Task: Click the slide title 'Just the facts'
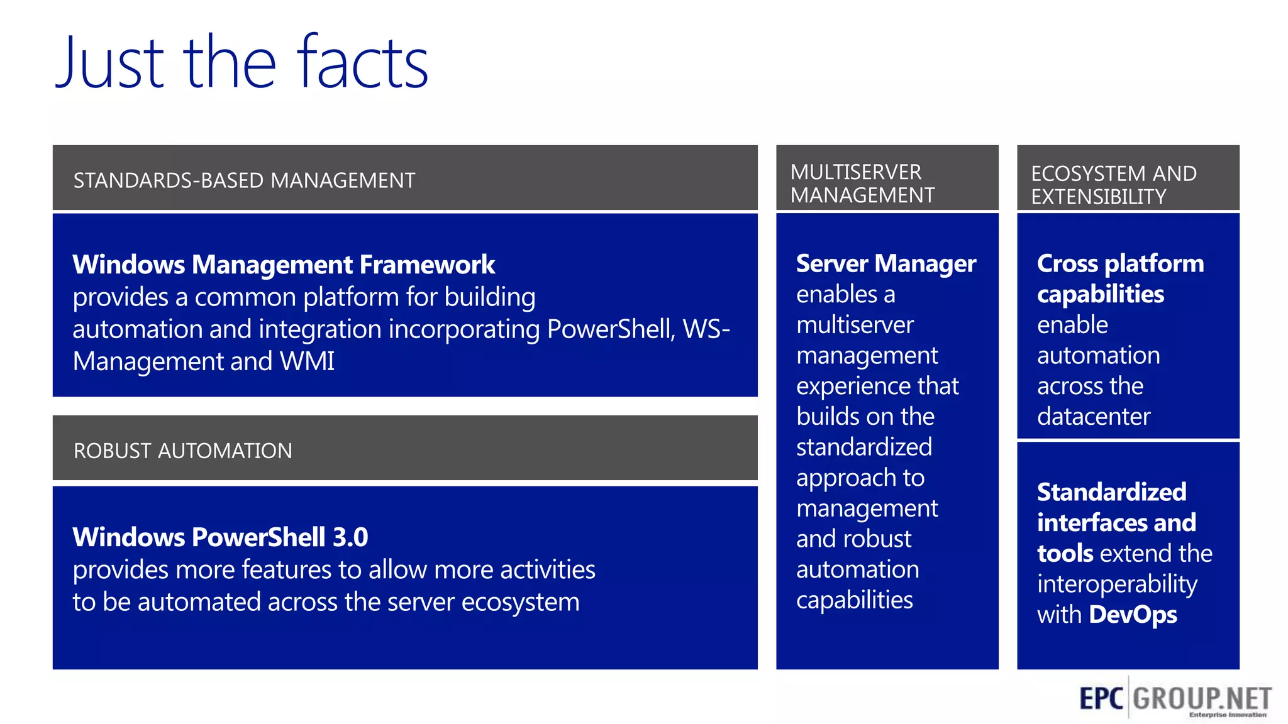pos(241,63)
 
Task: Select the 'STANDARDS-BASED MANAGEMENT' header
pos(244,180)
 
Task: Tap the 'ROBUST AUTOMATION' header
pos(182,451)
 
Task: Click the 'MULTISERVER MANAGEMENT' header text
pos(862,184)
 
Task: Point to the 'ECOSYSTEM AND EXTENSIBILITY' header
pos(1113,185)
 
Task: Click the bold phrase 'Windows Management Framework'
pos(284,265)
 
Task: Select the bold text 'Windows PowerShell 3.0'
pos(220,537)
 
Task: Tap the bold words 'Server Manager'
pos(885,263)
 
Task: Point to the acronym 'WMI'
pos(307,361)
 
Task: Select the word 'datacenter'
pos(1093,417)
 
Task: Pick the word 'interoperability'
pos(1117,584)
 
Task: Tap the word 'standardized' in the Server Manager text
pos(863,447)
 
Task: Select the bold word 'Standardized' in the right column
pos(1111,492)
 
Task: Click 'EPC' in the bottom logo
pos(1101,698)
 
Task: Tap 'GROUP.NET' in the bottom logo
pos(1202,698)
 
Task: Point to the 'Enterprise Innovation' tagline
pos(1227,715)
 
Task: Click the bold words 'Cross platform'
pos(1120,263)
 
